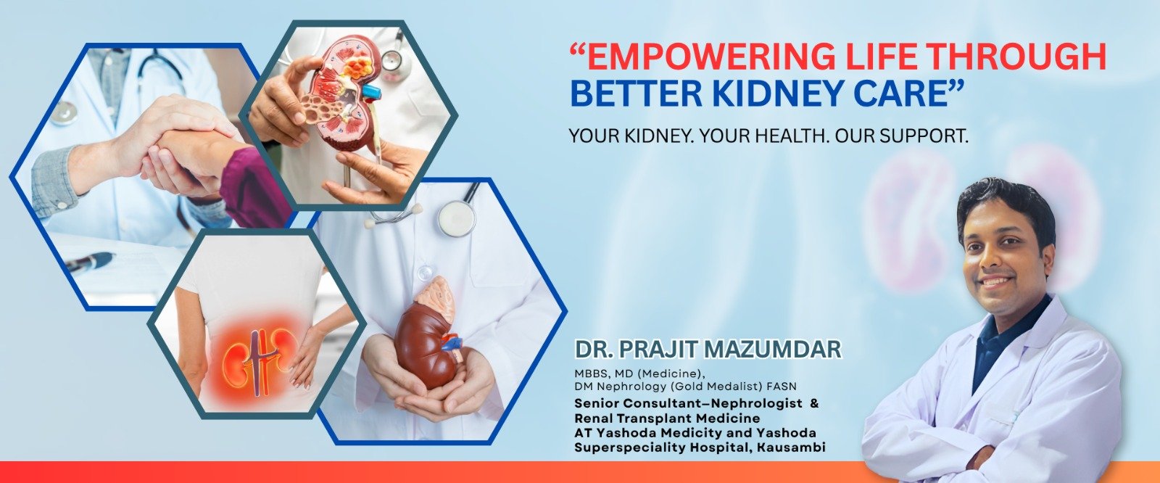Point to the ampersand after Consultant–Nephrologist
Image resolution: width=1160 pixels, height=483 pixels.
(814, 403)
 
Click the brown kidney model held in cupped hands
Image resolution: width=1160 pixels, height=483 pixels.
(431, 336)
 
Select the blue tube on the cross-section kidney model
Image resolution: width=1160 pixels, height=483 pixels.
(372, 94)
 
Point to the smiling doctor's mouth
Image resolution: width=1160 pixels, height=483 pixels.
(997, 282)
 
